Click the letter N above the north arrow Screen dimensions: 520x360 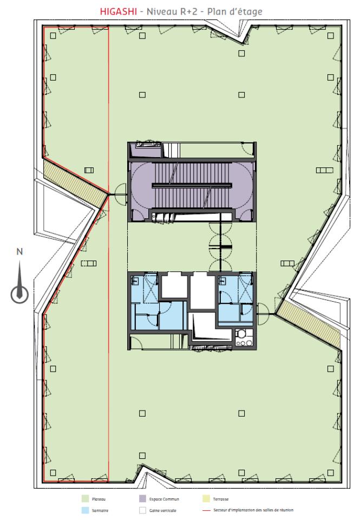click(19, 251)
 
